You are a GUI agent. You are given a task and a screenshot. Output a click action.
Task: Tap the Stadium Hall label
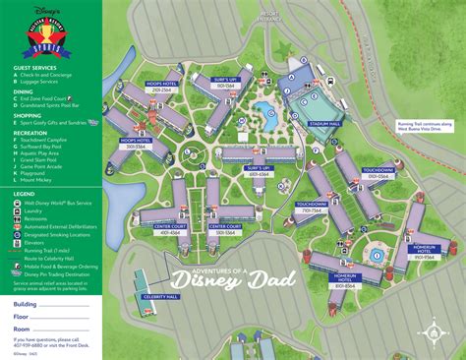tap(323, 125)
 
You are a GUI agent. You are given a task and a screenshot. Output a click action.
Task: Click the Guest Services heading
tap(33, 69)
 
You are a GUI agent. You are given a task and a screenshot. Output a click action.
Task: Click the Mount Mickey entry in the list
tap(37, 181)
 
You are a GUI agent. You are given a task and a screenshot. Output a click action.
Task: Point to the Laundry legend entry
tap(35, 210)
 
